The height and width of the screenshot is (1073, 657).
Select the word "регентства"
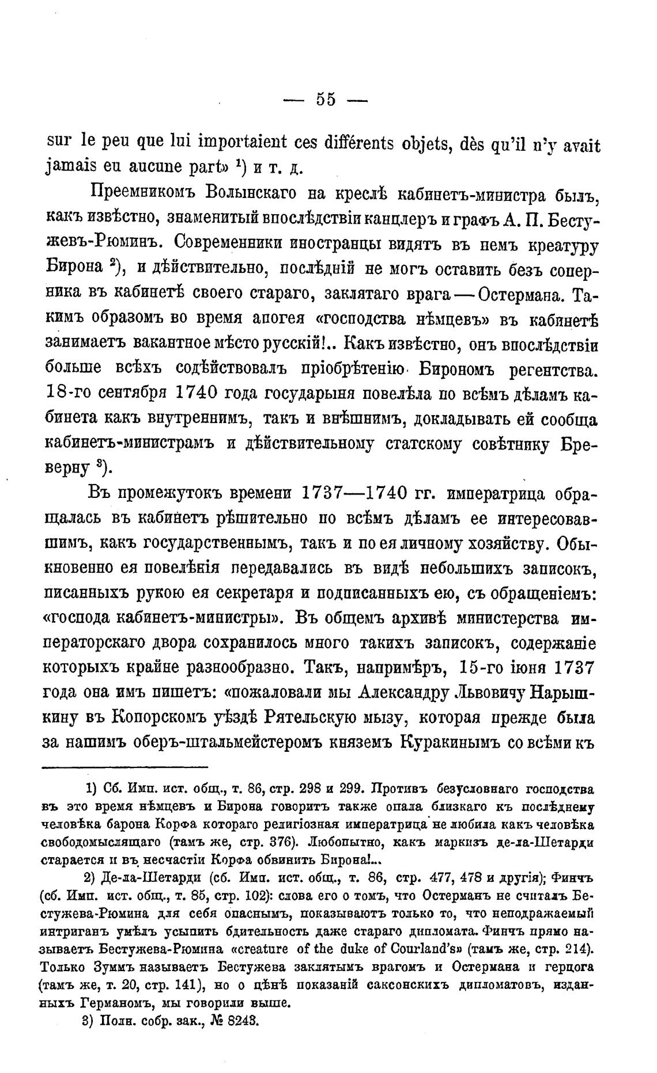[x=550, y=370]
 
